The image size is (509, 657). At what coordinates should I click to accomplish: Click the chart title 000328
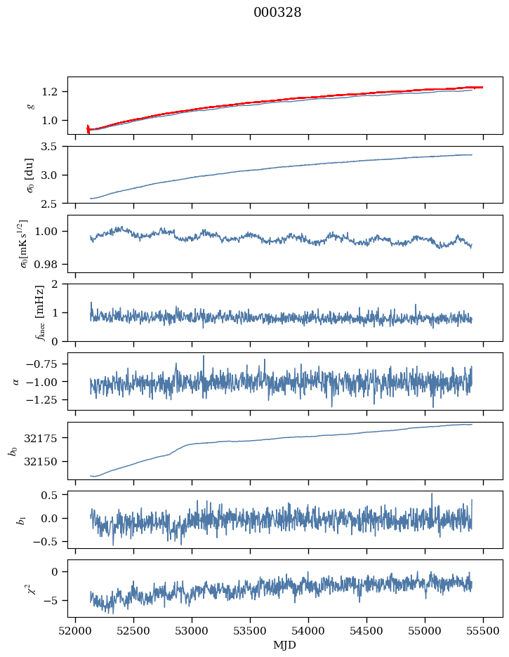tap(278, 13)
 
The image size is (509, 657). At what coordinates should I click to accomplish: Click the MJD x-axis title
tap(285, 644)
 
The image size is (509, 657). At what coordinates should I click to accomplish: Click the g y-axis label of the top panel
tap(30, 105)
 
